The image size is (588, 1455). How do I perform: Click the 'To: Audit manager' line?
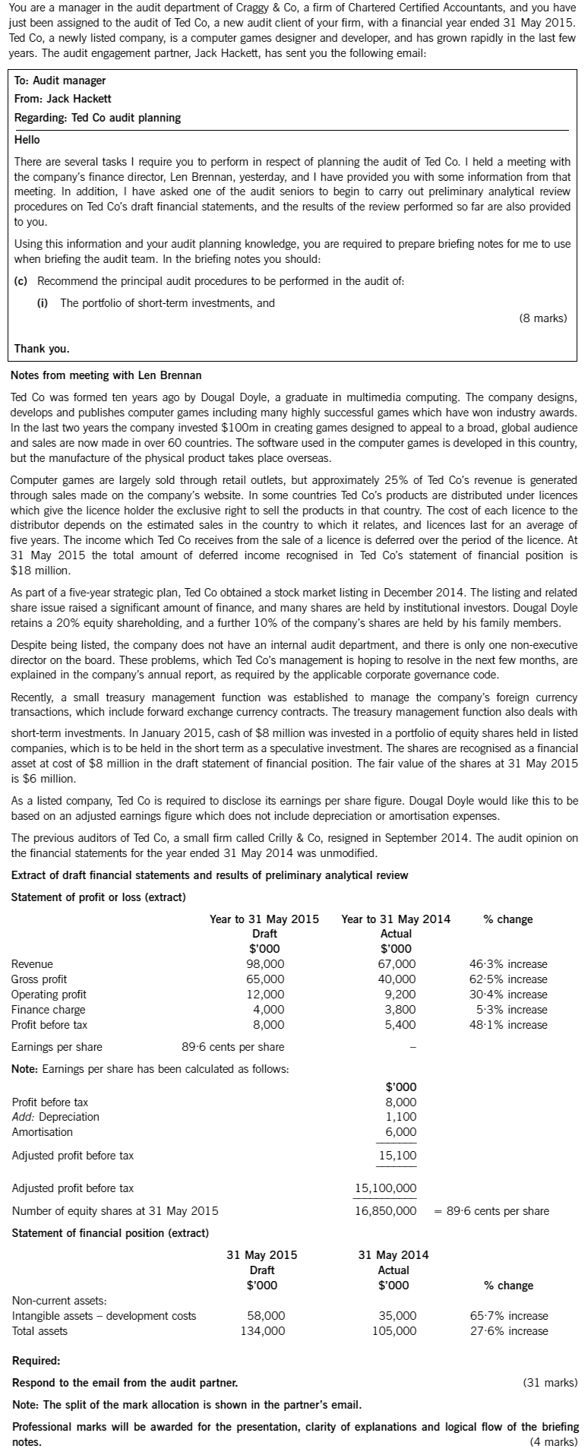pyautogui.click(x=60, y=81)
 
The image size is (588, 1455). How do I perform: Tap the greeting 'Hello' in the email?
pyautogui.click(x=27, y=140)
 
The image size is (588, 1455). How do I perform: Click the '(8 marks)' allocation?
pyautogui.click(x=542, y=318)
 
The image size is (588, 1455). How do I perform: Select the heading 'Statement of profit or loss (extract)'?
pyautogui.click(x=98, y=897)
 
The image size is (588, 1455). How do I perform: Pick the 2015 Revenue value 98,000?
pyautogui.click(x=267, y=964)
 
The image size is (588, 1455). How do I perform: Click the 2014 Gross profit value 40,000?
pyautogui.click(x=398, y=979)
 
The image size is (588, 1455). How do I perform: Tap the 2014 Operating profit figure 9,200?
pyautogui.click(x=400, y=995)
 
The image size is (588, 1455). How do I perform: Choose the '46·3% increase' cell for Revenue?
pyautogui.click(x=508, y=964)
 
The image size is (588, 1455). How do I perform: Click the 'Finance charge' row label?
pyautogui.click(x=49, y=1010)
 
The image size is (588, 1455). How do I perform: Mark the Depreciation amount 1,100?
pyautogui.click(x=401, y=1117)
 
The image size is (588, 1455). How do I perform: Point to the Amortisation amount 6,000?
pyautogui.click(x=401, y=1132)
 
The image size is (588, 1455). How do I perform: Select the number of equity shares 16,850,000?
pyautogui.click(x=386, y=1210)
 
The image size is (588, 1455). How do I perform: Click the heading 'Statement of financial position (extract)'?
pyautogui.click(x=109, y=1232)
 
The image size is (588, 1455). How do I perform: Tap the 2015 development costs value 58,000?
pyautogui.click(x=267, y=1316)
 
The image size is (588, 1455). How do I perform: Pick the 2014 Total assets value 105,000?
pyautogui.click(x=394, y=1331)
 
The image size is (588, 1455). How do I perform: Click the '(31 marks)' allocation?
pyautogui.click(x=550, y=1383)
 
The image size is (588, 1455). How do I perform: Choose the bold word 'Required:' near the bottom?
pyautogui.click(x=36, y=1361)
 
